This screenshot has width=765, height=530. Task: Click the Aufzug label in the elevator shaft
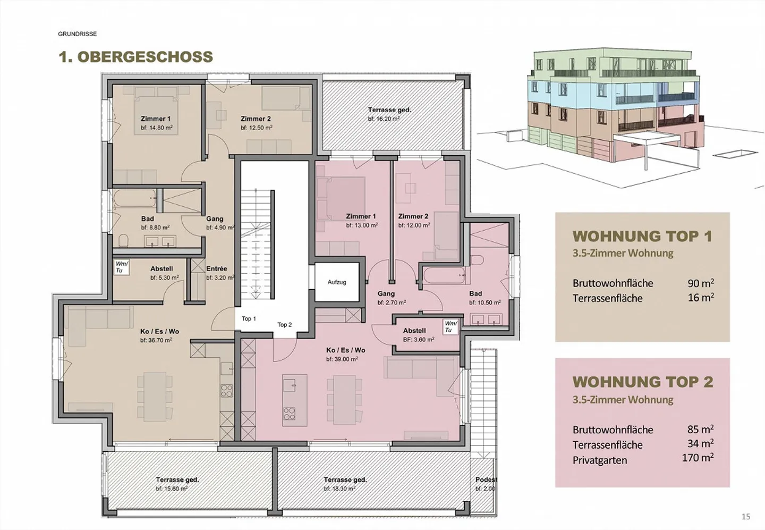coord(337,282)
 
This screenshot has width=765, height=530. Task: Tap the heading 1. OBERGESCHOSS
coord(136,57)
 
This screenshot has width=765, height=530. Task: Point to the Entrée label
coord(217,269)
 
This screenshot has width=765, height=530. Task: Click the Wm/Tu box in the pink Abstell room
coord(450,327)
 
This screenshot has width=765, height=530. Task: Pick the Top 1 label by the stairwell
coord(249,319)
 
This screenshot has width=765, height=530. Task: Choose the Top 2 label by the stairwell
coord(285,325)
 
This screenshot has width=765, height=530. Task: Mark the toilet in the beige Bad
coord(124,240)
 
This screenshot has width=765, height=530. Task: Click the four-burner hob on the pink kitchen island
coord(290,414)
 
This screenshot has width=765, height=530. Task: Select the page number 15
coord(746,517)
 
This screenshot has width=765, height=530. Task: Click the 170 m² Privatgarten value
coord(698,458)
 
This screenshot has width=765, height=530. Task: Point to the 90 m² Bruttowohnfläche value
coord(701,283)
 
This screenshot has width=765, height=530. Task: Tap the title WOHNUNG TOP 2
coord(643,382)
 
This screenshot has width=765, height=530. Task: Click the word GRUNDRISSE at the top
coord(78,34)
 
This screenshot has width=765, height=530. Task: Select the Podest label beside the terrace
coord(486,480)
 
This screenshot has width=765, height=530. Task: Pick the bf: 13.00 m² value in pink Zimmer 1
coord(362,225)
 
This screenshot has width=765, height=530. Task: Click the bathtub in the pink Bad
coord(445,275)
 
